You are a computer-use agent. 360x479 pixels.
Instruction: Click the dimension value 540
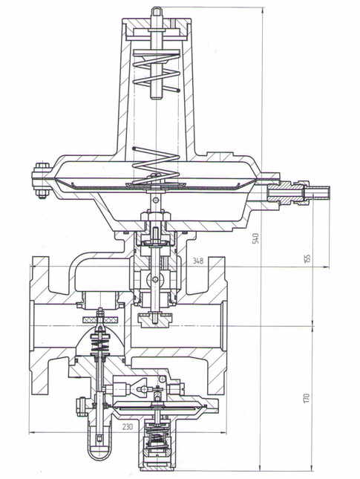click(x=256, y=238)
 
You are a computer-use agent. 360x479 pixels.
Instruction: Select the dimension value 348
click(x=198, y=261)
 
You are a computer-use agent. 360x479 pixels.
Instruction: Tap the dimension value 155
click(x=307, y=258)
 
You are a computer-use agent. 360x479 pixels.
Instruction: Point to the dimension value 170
click(x=307, y=398)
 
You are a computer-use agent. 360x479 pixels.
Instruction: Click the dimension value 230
click(x=128, y=426)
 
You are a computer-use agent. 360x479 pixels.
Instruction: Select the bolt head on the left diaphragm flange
click(x=42, y=166)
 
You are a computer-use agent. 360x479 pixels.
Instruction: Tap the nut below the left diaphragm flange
click(x=42, y=194)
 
